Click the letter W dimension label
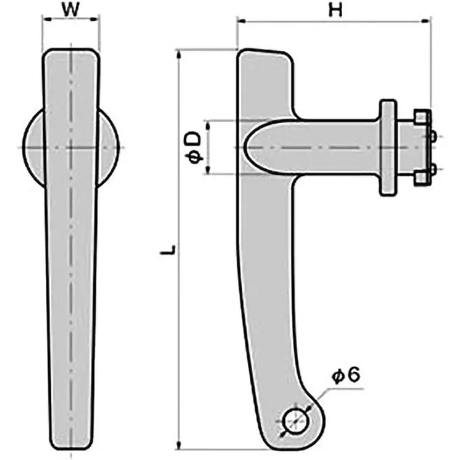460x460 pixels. (x=70, y=10)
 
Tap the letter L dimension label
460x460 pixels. (x=167, y=251)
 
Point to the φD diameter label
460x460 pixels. (x=194, y=147)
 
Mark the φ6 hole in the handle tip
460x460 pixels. (x=296, y=419)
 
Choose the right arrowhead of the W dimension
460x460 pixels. (x=96, y=19)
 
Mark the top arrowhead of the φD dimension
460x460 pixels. (x=209, y=124)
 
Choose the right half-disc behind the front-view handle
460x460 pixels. (x=109, y=147)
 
